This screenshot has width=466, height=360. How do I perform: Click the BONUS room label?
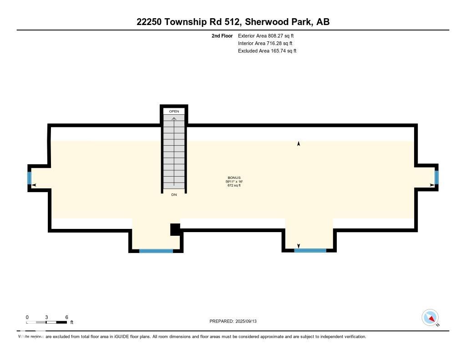click(x=234, y=177)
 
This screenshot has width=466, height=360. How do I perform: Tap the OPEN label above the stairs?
click(x=174, y=111)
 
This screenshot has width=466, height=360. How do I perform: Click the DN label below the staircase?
click(x=174, y=195)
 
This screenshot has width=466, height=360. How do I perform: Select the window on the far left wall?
click(x=30, y=177)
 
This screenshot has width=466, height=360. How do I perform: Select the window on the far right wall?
click(x=436, y=177)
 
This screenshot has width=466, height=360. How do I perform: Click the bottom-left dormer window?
click(x=156, y=250)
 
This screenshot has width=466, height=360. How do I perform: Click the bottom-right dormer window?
click(x=310, y=250)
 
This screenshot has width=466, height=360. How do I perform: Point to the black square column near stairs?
click(x=175, y=229)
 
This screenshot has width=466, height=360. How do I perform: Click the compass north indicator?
click(x=430, y=318)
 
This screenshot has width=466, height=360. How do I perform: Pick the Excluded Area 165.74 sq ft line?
click(x=267, y=51)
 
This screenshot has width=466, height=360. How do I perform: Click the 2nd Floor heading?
click(x=222, y=35)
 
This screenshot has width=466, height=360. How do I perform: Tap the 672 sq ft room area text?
click(x=234, y=185)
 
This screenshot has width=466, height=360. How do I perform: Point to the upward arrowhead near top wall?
click(x=299, y=144)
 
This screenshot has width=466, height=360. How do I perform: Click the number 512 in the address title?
click(x=226, y=21)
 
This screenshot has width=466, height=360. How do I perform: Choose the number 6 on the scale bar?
click(x=66, y=317)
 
